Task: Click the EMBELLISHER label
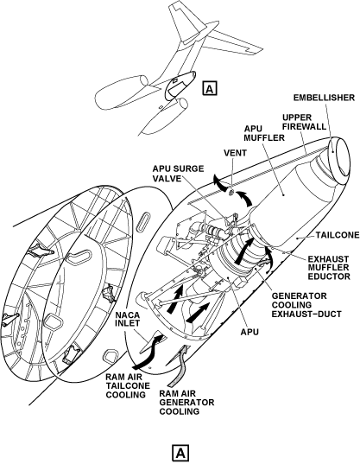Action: pos(324,98)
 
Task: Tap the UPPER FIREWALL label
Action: pos(304,122)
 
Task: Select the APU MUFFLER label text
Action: pos(264,133)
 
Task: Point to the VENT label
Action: pos(236,153)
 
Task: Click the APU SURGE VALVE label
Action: pos(178,174)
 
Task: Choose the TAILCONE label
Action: pos(338,235)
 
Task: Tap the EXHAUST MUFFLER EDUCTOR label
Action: pos(329,268)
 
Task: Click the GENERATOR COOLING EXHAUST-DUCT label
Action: pos(306,305)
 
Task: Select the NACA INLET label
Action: pos(127,319)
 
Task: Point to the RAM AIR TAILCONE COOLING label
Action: pos(128,386)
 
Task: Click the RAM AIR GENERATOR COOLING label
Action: pos(186,403)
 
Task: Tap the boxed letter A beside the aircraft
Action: pos(210,88)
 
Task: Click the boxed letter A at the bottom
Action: pos(180,453)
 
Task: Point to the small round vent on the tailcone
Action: pos(231,193)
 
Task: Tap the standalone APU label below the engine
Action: pos(249,332)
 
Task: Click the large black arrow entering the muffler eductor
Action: pos(244,251)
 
